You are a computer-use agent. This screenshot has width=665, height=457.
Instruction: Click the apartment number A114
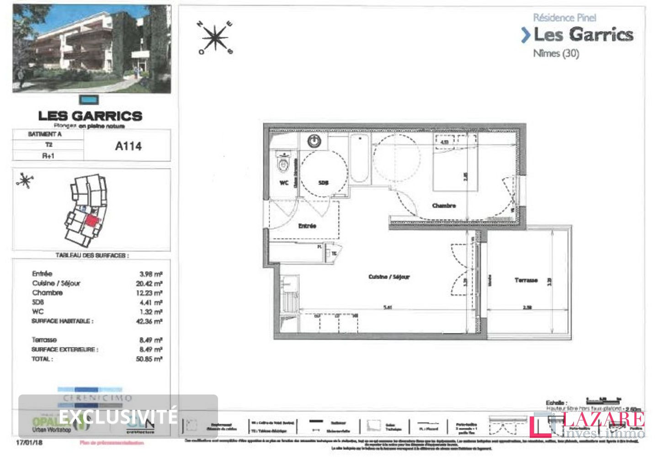[x=128, y=146]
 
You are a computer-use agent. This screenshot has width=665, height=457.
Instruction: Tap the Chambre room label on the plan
[x=444, y=206]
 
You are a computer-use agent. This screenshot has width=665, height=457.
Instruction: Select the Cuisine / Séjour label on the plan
[x=389, y=276]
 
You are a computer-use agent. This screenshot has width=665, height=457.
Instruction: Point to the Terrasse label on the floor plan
[x=526, y=280]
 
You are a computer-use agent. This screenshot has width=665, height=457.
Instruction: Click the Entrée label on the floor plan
[x=307, y=226]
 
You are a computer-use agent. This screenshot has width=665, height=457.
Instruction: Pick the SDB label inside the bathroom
[x=323, y=183]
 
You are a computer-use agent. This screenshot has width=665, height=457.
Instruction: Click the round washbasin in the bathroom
[x=314, y=142]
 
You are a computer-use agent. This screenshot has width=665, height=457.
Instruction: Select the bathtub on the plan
[x=360, y=158]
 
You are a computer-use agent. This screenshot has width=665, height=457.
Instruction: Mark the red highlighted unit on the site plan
[x=92, y=222]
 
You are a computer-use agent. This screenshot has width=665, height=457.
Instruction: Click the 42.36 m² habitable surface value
[x=149, y=321]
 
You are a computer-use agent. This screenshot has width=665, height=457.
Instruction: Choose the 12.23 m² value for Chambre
[x=149, y=293]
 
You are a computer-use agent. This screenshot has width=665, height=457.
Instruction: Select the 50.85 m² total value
[x=149, y=359]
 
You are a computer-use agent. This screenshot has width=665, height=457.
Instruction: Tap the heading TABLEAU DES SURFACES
[x=92, y=255]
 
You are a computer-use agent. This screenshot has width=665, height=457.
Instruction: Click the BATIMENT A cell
[x=45, y=134]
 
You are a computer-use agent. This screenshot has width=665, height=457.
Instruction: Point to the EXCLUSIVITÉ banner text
[x=118, y=416]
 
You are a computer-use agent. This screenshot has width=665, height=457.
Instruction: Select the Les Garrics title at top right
[x=583, y=35]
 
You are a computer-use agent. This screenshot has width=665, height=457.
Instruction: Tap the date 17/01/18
[x=29, y=443]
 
